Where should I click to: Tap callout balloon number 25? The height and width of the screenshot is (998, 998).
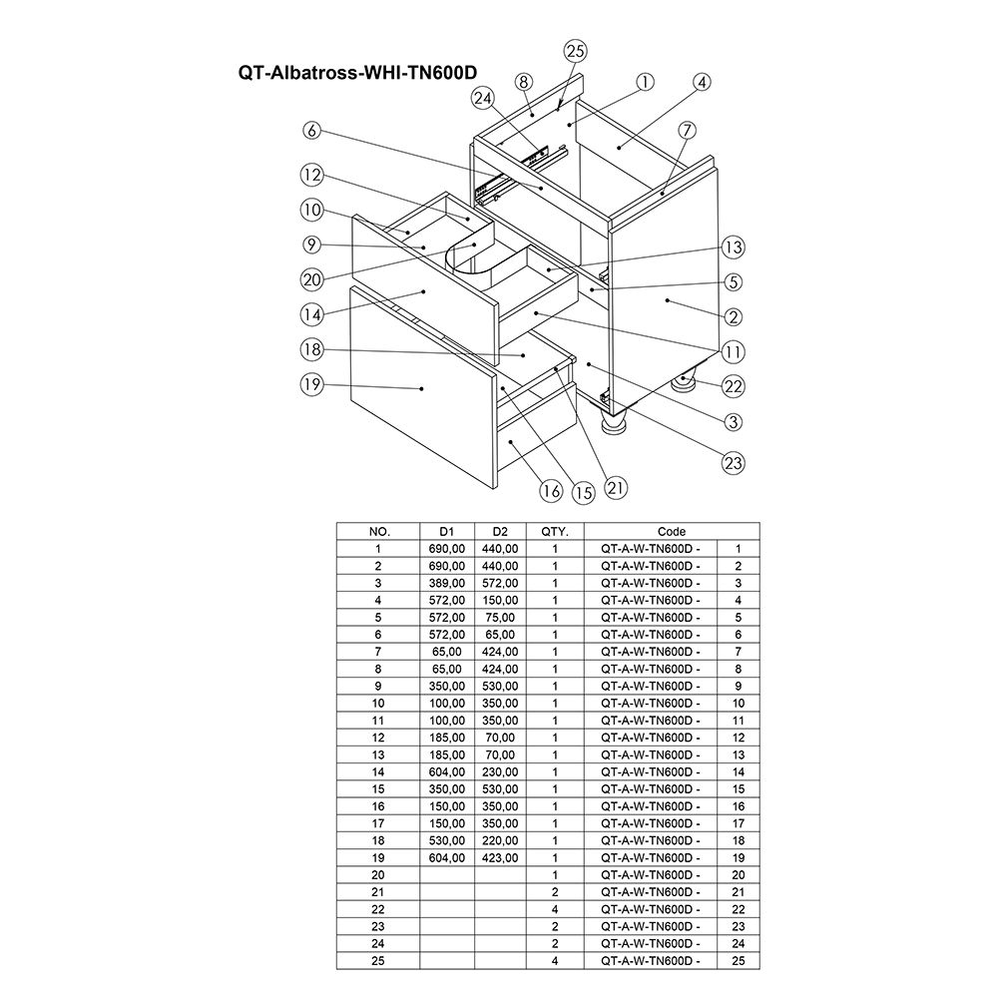575,51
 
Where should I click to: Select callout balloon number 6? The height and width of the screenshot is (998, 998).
312,130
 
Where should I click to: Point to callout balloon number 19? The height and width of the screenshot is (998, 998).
312,383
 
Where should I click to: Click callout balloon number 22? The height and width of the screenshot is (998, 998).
735,386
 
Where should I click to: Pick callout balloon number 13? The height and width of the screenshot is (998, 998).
735,248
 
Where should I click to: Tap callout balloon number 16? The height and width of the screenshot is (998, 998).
550,490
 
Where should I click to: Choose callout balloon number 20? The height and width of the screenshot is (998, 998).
312,279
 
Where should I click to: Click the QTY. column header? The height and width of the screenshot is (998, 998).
555,531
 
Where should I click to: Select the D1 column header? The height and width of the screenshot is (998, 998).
446,531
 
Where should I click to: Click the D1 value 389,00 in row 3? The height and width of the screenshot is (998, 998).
446,583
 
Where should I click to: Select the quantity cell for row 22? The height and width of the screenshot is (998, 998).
555,909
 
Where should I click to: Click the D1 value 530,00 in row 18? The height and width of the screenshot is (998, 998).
446,840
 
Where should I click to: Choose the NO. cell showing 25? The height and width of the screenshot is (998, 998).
377,960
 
